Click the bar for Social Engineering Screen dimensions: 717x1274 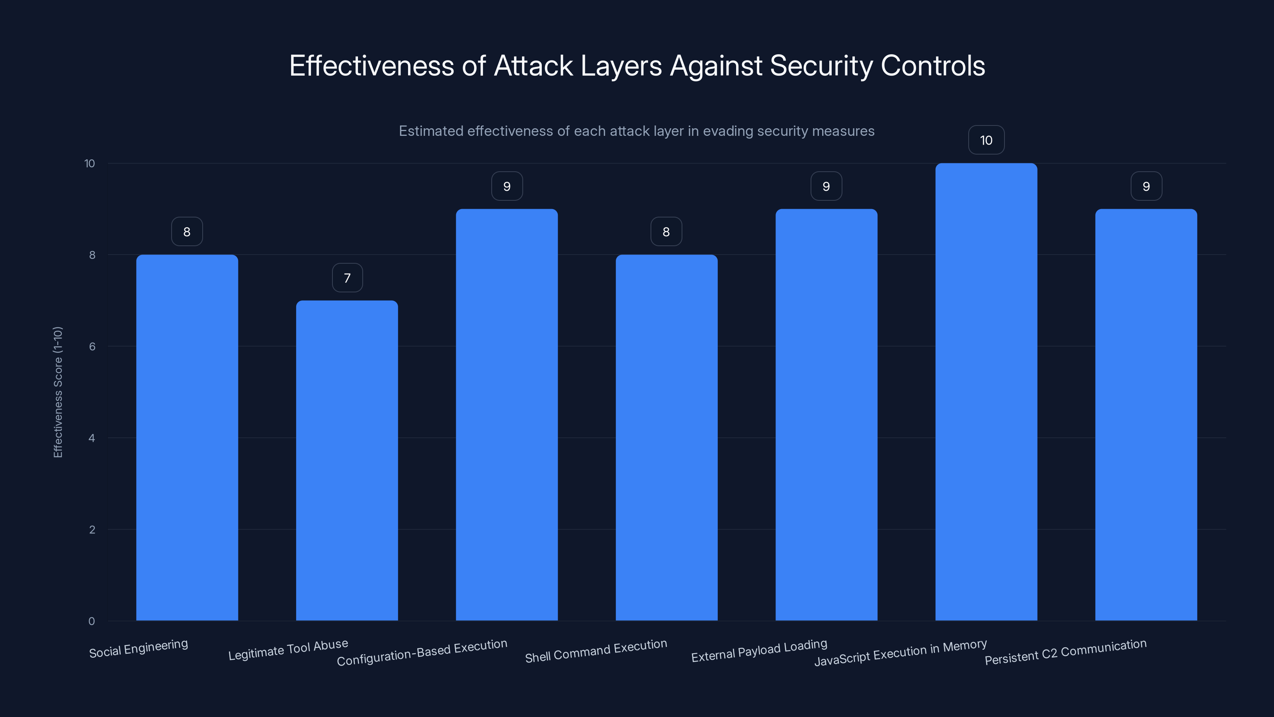[x=187, y=437]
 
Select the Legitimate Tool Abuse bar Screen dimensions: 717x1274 [x=347, y=460]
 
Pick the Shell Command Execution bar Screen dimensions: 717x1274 [x=666, y=437]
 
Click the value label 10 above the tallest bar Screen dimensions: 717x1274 [x=986, y=140]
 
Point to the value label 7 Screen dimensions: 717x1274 [x=347, y=278]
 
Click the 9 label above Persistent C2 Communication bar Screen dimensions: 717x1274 [x=1146, y=186]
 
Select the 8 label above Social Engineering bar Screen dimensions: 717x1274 [x=187, y=231]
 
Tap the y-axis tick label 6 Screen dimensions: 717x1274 [x=92, y=347]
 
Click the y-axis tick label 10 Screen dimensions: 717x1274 [x=90, y=163]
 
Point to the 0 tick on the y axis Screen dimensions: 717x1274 [x=92, y=621]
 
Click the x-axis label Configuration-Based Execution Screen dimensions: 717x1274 [x=422, y=652]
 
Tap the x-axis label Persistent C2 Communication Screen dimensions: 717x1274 [x=1065, y=652]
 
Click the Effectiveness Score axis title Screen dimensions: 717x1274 [x=58, y=392]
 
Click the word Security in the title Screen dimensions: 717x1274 [x=821, y=66]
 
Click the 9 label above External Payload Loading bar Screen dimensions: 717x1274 [x=826, y=186]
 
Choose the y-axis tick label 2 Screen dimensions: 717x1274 [x=92, y=529]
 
